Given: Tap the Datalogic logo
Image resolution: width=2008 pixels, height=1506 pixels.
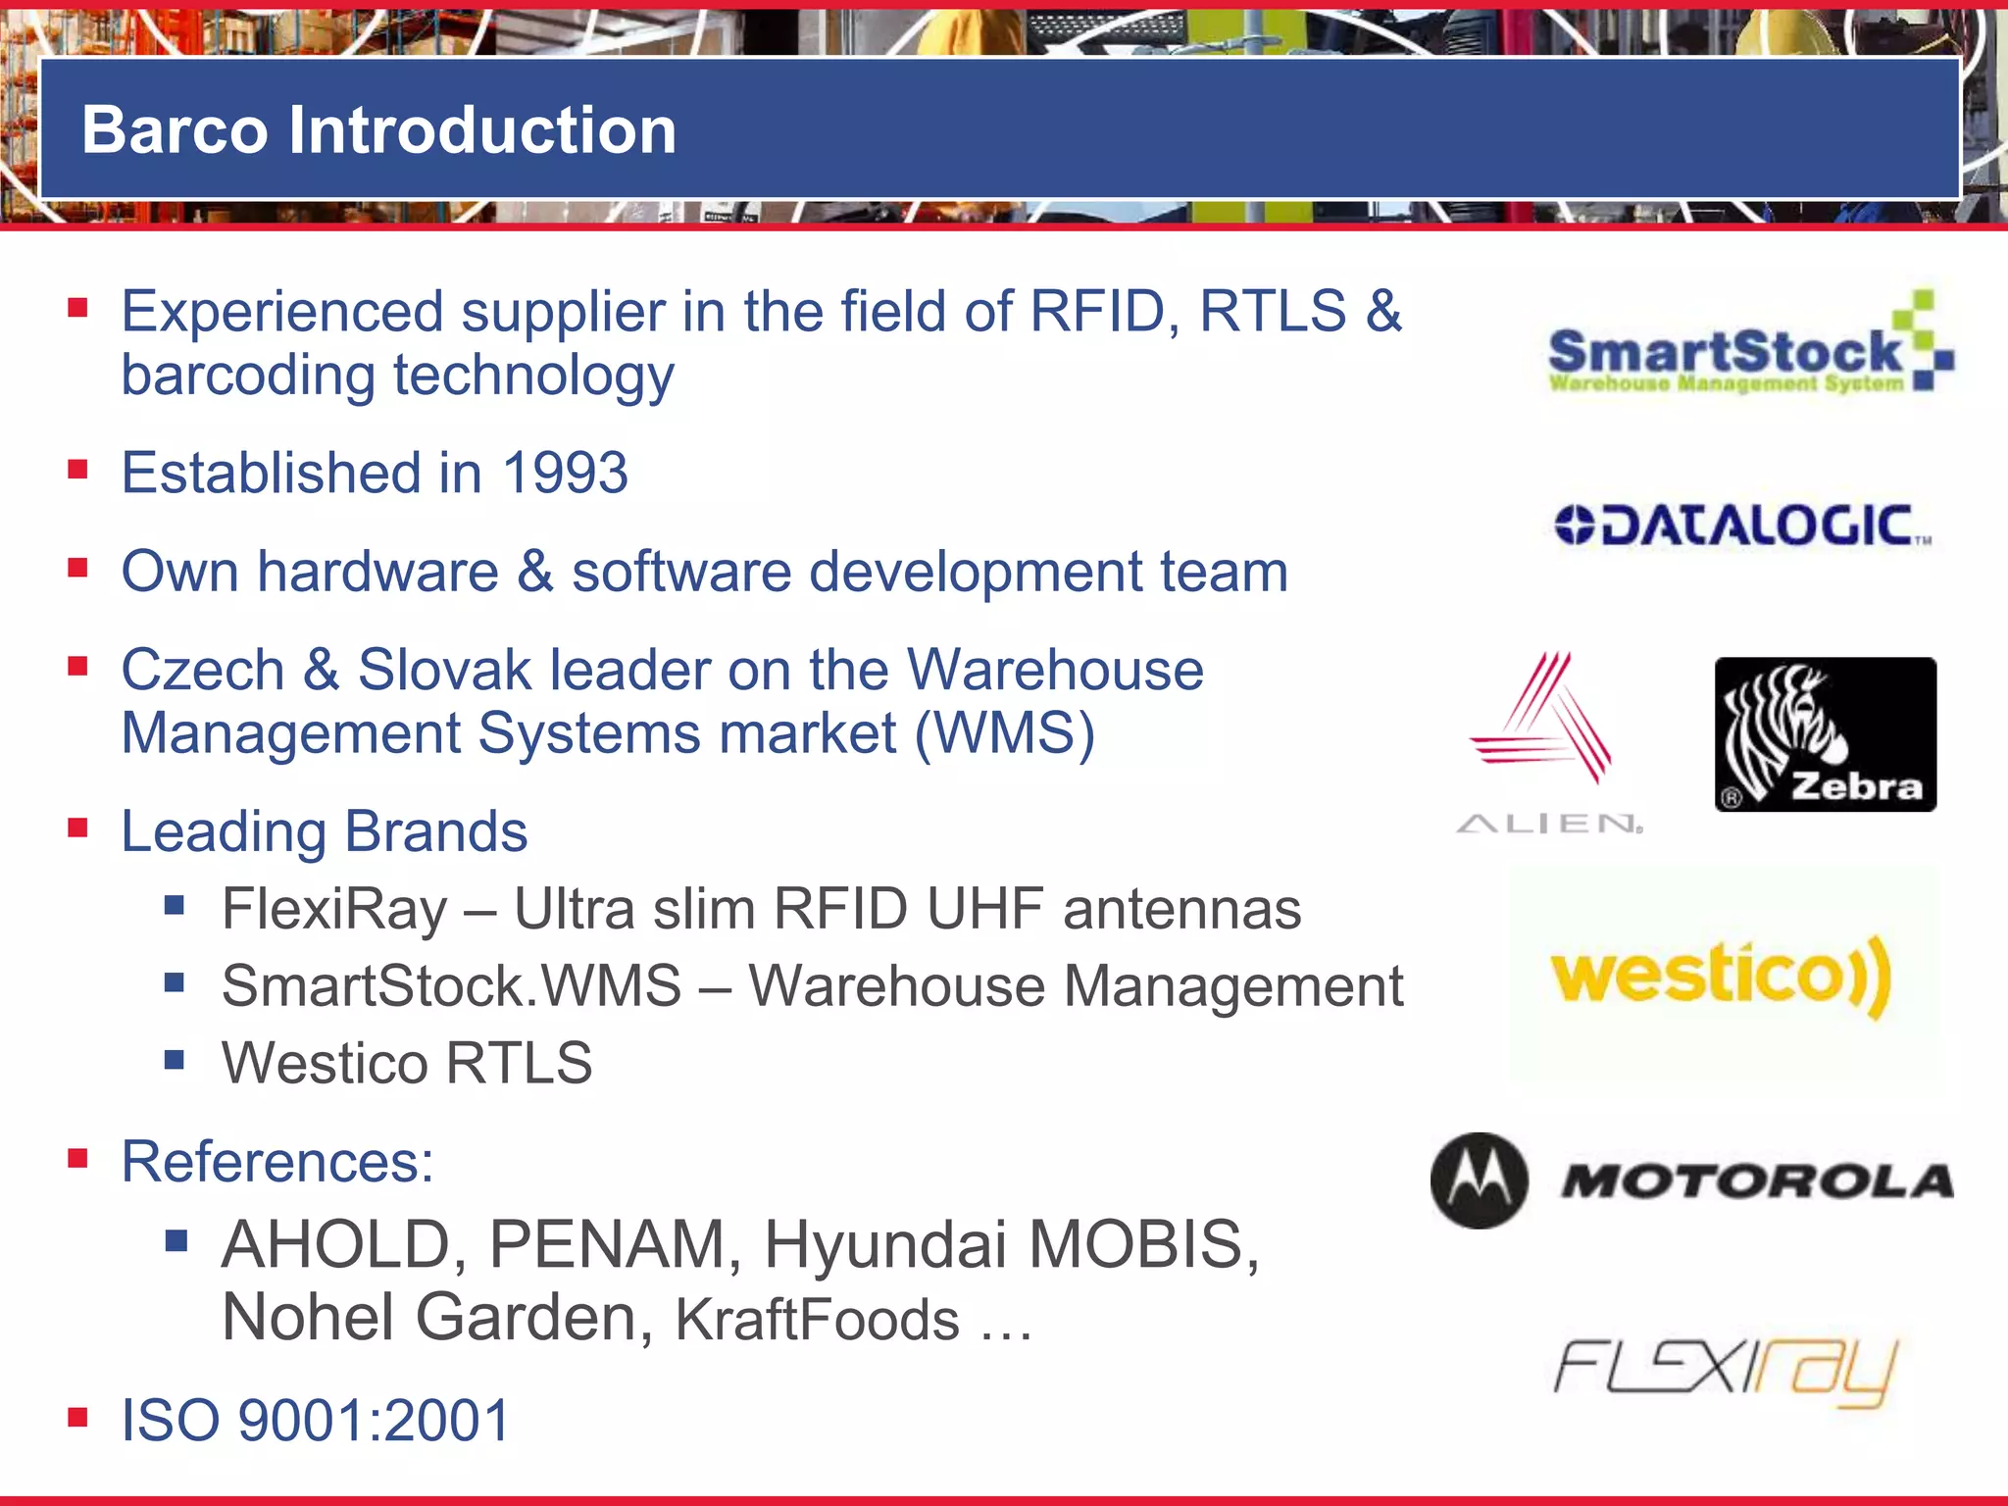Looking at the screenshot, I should [1742, 526].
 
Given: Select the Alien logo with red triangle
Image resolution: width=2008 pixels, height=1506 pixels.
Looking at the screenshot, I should [1546, 740].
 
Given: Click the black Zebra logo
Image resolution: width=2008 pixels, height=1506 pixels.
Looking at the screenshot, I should [1825, 734].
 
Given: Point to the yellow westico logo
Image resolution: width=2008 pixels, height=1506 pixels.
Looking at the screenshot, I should [1721, 976].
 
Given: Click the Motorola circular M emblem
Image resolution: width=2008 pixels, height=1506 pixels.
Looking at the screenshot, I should [1479, 1180].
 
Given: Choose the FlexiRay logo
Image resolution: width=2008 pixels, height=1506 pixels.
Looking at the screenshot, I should [1725, 1370].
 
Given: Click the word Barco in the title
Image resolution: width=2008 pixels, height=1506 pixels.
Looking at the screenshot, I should [174, 130].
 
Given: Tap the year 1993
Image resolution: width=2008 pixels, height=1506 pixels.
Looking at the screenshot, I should [565, 473].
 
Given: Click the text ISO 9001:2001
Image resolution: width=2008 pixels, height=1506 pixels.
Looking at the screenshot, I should [315, 1420].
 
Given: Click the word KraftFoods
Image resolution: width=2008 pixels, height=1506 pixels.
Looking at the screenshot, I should [817, 1320].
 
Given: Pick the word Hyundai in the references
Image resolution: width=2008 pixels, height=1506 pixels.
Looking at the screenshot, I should [885, 1244].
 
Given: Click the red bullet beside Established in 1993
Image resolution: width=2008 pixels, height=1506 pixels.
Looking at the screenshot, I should [78, 469].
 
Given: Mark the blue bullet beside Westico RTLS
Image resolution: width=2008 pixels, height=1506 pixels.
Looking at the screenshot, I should [175, 1059].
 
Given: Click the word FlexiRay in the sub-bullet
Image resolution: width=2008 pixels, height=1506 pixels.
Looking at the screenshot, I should [334, 909].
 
